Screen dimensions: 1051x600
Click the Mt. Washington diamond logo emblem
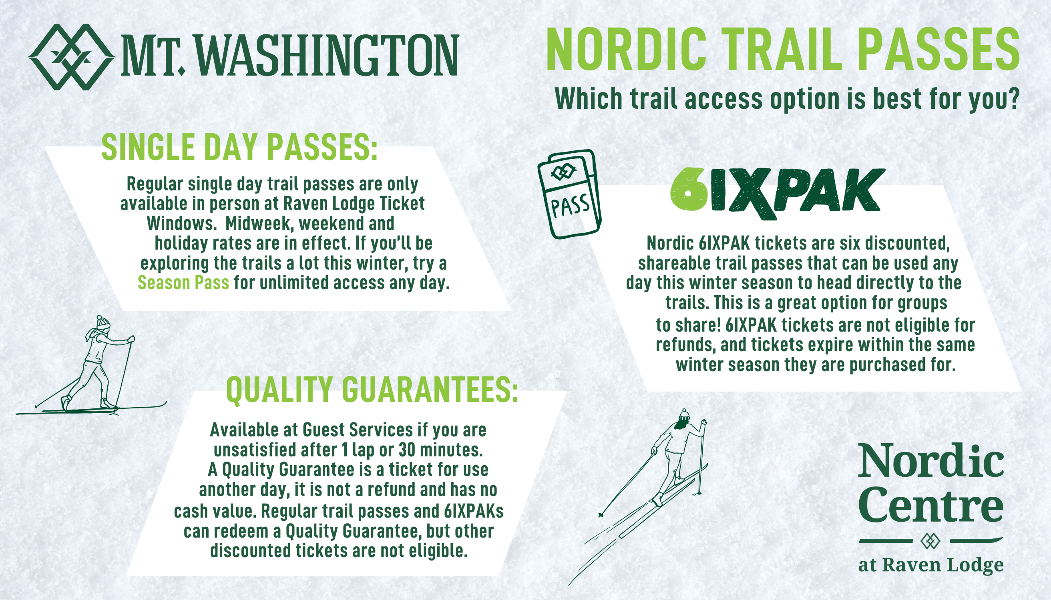point(71,57)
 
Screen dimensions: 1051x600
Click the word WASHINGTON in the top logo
point(328,55)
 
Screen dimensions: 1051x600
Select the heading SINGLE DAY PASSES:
point(240,147)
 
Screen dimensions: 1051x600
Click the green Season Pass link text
point(183,283)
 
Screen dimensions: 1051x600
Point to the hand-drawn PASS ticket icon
point(570,194)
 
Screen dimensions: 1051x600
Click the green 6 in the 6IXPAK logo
point(689,190)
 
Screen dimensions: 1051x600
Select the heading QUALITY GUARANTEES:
point(372,390)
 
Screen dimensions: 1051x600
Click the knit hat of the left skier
point(103,322)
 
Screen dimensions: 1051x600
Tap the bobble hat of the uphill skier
point(684,414)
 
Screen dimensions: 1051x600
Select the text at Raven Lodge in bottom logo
point(930,565)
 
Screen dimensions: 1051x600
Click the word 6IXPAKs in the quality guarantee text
point(474,511)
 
